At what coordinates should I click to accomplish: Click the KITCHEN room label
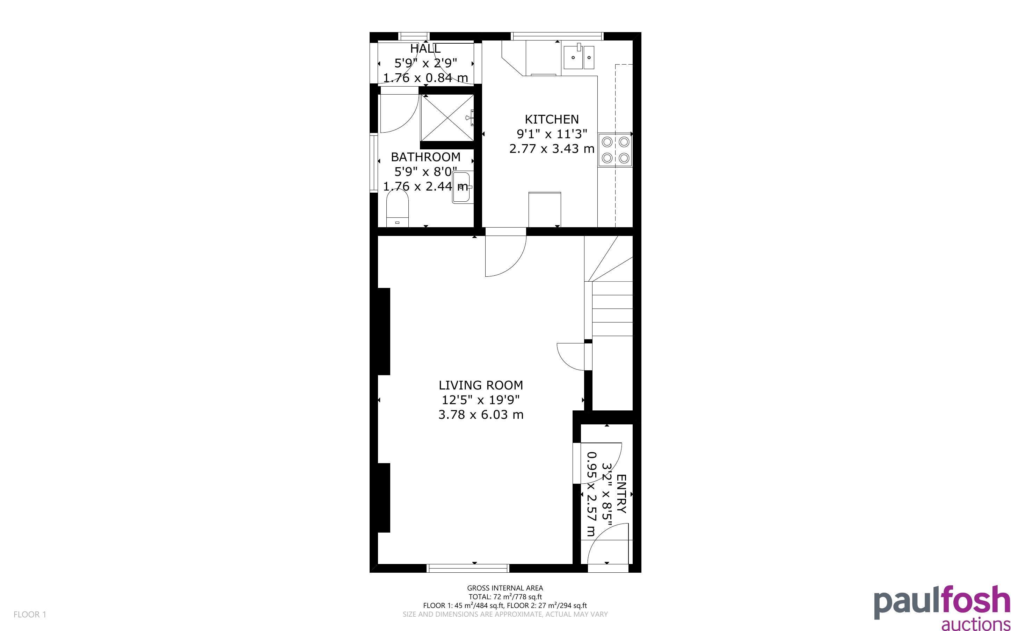[x=552, y=119]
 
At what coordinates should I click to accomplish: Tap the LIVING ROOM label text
[x=481, y=385]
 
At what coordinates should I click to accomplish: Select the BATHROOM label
[x=426, y=157]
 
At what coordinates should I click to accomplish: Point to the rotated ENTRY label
[x=622, y=494]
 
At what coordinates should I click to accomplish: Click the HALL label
[x=425, y=49]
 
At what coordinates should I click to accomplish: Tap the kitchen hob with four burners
[x=615, y=150]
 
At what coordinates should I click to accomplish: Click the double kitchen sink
[x=579, y=57]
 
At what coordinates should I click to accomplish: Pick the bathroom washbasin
[x=462, y=188]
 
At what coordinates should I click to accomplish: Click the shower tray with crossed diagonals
[x=447, y=118]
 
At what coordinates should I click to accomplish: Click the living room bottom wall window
[x=468, y=568]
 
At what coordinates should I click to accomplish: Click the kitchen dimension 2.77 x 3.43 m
[x=552, y=149]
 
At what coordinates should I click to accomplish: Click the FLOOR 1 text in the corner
[x=30, y=614]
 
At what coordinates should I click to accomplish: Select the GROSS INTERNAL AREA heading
[x=505, y=588]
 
